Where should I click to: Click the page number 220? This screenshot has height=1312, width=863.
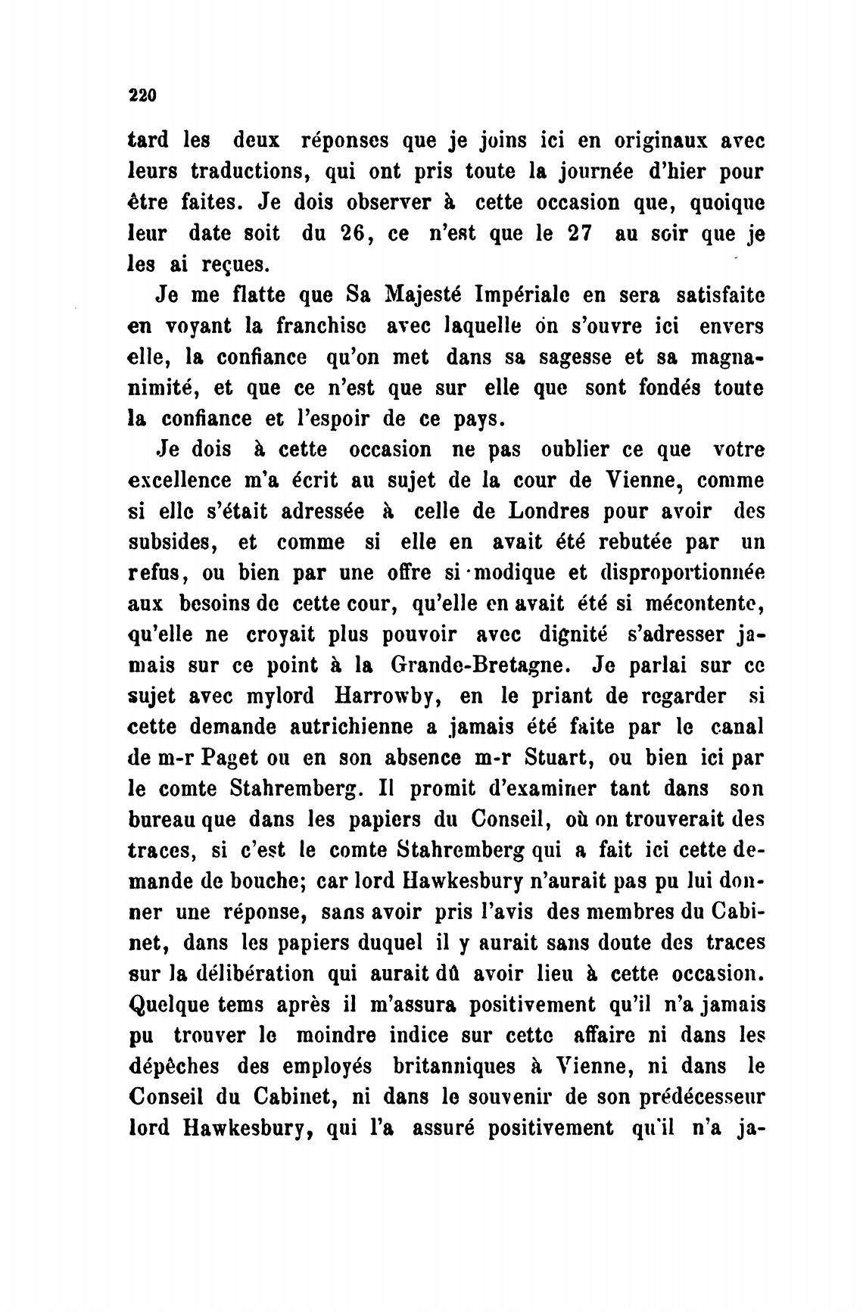coord(142,95)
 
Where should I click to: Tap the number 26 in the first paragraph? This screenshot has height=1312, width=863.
coord(352,234)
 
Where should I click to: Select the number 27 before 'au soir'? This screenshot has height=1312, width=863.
coord(578,234)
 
